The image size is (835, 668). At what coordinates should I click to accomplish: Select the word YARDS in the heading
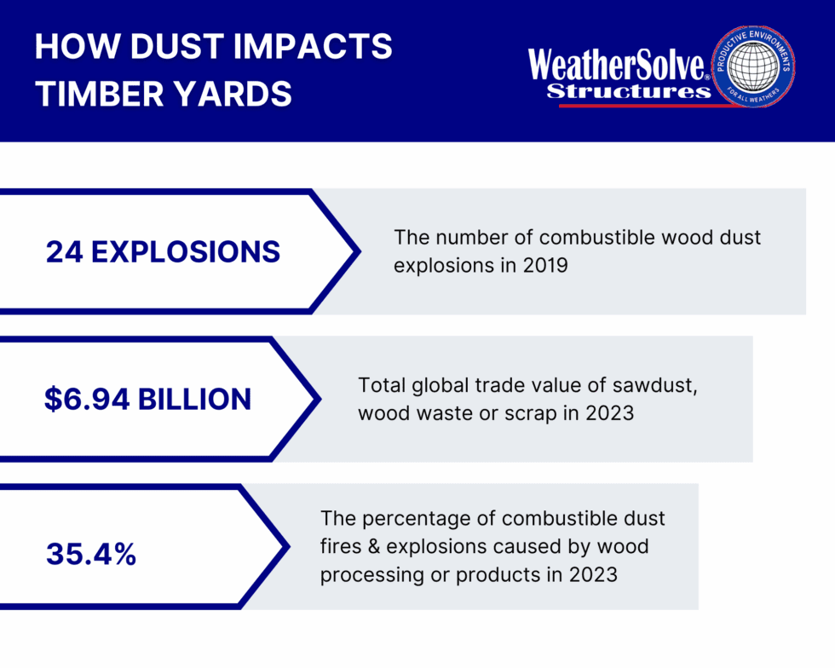[x=233, y=95]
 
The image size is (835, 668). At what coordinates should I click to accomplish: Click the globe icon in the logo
[x=752, y=66]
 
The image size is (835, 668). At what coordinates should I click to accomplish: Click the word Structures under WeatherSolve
[x=629, y=91]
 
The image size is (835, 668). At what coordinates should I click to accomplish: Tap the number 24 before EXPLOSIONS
[x=64, y=252]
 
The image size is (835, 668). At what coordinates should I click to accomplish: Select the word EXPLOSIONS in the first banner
[x=186, y=252]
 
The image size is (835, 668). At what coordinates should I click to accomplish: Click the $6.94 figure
[x=87, y=400]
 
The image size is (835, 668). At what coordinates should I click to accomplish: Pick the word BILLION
[x=194, y=400]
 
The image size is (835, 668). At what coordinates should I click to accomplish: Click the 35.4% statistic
[x=91, y=554]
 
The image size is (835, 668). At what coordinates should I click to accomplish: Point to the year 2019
[x=545, y=265]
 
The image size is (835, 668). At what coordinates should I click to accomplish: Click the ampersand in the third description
[x=373, y=546]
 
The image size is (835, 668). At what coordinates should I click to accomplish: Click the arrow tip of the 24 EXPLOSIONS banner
[x=360, y=251]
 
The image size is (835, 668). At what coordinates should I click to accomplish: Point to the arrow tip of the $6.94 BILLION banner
[x=320, y=399]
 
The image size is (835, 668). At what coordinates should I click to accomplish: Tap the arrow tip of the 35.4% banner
[x=289, y=546]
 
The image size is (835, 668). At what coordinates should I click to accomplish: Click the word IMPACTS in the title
[x=313, y=46]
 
